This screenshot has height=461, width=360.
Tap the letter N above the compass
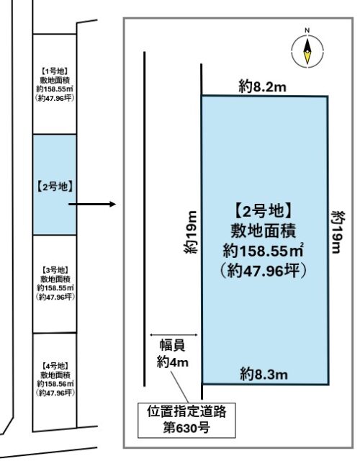point(307,30)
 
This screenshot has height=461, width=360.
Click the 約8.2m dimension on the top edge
point(262,86)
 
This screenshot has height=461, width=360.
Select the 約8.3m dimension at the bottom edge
point(264,375)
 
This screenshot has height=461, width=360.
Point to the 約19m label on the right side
point(338,232)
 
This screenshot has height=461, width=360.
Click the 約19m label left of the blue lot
point(190,232)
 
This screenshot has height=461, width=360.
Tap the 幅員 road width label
point(173,345)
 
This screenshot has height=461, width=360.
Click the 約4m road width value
point(173,362)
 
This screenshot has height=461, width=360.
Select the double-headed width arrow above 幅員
point(174,334)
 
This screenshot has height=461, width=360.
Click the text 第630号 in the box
point(186,427)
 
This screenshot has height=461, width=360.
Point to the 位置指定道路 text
point(186,411)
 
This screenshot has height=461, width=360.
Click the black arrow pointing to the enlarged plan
point(92,204)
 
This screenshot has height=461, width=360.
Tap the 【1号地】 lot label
point(55,71)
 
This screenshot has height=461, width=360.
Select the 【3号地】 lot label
point(55,269)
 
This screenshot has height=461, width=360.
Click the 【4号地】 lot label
point(55,366)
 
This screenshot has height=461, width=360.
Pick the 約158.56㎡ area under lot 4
point(55,384)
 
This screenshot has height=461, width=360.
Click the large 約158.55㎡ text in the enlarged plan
point(263,251)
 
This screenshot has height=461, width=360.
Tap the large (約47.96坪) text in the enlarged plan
point(264,271)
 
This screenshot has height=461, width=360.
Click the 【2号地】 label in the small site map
point(55,187)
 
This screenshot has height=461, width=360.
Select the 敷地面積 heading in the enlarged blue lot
point(263,230)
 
